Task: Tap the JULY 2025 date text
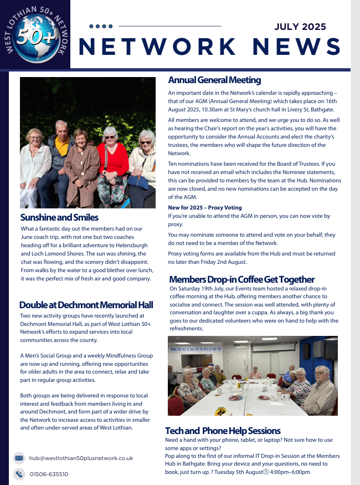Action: click(x=300, y=27)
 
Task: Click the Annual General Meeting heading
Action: click(x=214, y=80)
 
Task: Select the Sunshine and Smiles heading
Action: click(x=59, y=217)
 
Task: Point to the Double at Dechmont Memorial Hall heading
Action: click(x=86, y=305)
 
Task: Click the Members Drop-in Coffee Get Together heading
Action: click(x=241, y=279)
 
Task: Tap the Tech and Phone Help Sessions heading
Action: click(x=223, y=431)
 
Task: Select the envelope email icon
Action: click(x=19, y=458)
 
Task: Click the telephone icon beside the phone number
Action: click(x=19, y=474)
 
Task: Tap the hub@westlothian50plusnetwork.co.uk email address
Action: click(x=81, y=458)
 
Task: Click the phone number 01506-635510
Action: click(x=49, y=474)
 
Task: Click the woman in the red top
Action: click(x=112, y=161)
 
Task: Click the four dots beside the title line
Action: click(x=101, y=26)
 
